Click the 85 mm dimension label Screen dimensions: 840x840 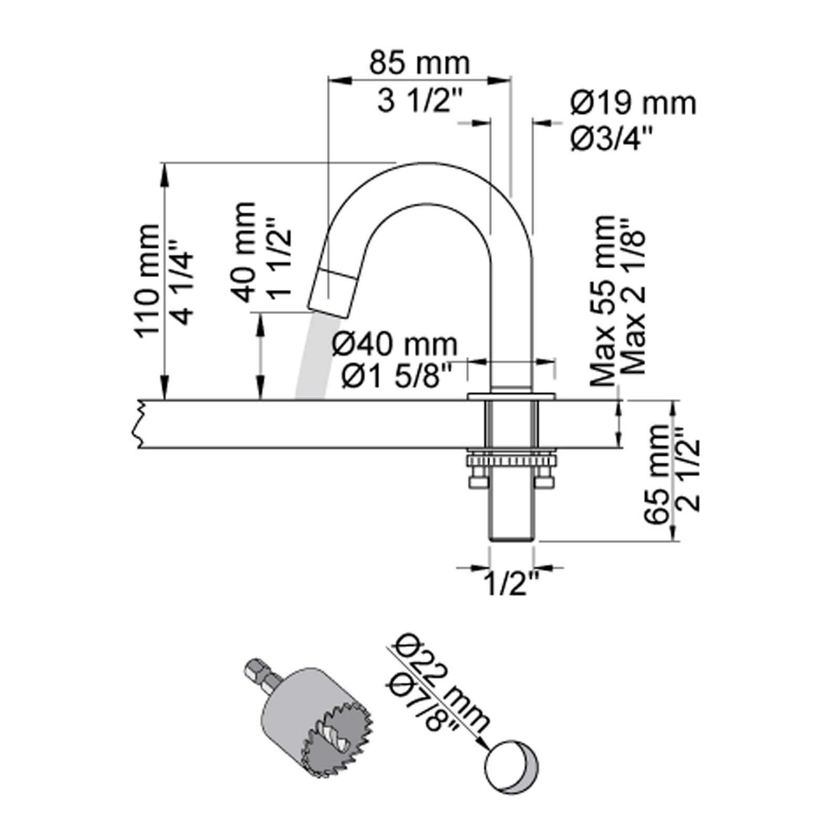coord(419,63)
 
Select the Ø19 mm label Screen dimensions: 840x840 coord(633,103)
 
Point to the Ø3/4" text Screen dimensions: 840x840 coord(612,140)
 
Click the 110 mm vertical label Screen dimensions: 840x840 coord(148,281)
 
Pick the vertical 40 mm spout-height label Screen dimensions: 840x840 coord(245,252)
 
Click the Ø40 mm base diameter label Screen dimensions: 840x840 coord(395,344)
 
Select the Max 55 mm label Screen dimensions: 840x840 coord(603,300)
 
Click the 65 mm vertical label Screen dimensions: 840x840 coord(658,474)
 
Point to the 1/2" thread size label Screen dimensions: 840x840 coord(511,583)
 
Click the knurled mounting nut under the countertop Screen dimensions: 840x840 coord(511,461)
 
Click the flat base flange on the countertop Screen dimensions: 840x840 coord(511,396)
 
